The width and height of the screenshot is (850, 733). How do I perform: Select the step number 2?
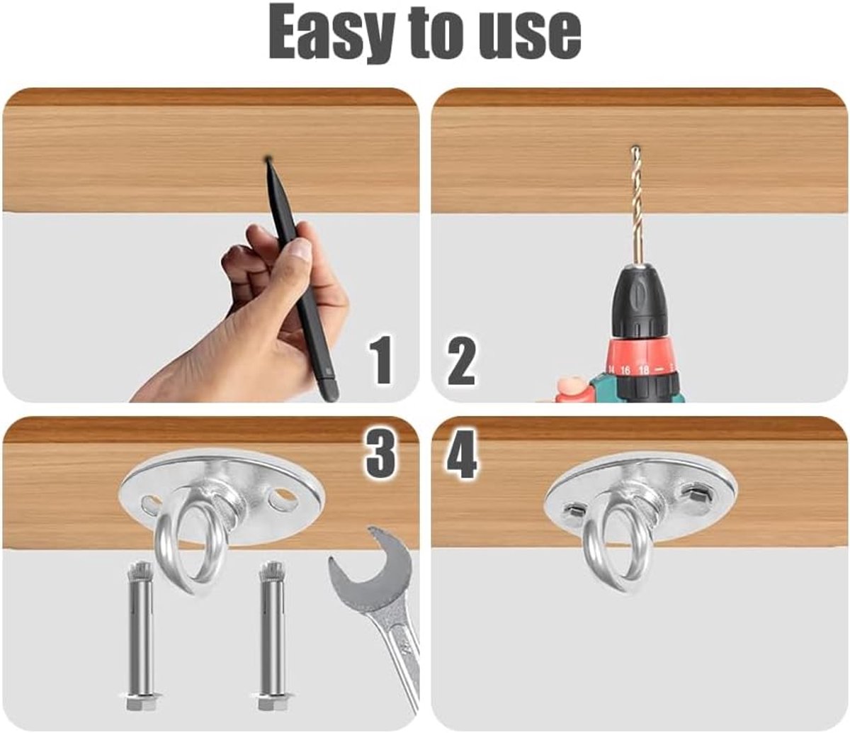[462, 359]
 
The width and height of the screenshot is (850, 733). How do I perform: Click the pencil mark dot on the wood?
[267, 157]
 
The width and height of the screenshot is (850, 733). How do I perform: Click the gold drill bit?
[636, 206]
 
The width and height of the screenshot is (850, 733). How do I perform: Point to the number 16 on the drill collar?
[625, 370]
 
